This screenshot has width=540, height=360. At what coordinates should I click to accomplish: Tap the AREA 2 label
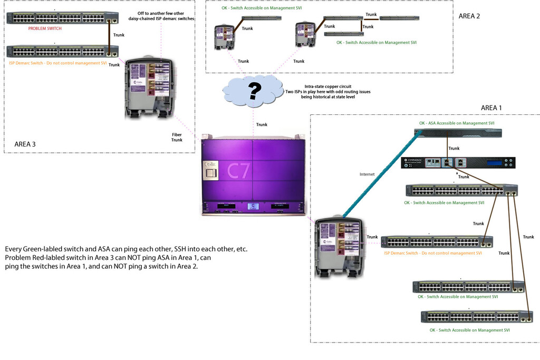click(x=469, y=16)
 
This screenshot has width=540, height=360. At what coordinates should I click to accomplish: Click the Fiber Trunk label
click(x=177, y=137)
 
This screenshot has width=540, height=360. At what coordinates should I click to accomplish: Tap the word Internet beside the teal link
click(x=368, y=174)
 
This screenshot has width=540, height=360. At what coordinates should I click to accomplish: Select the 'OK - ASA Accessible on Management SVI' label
click(x=457, y=123)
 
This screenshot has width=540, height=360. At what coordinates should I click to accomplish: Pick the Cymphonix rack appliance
click(x=458, y=162)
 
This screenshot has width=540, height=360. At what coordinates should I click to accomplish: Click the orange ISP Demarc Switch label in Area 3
click(x=58, y=63)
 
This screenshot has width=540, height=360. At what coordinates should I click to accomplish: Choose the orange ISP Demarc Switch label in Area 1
click(x=432, y=254)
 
